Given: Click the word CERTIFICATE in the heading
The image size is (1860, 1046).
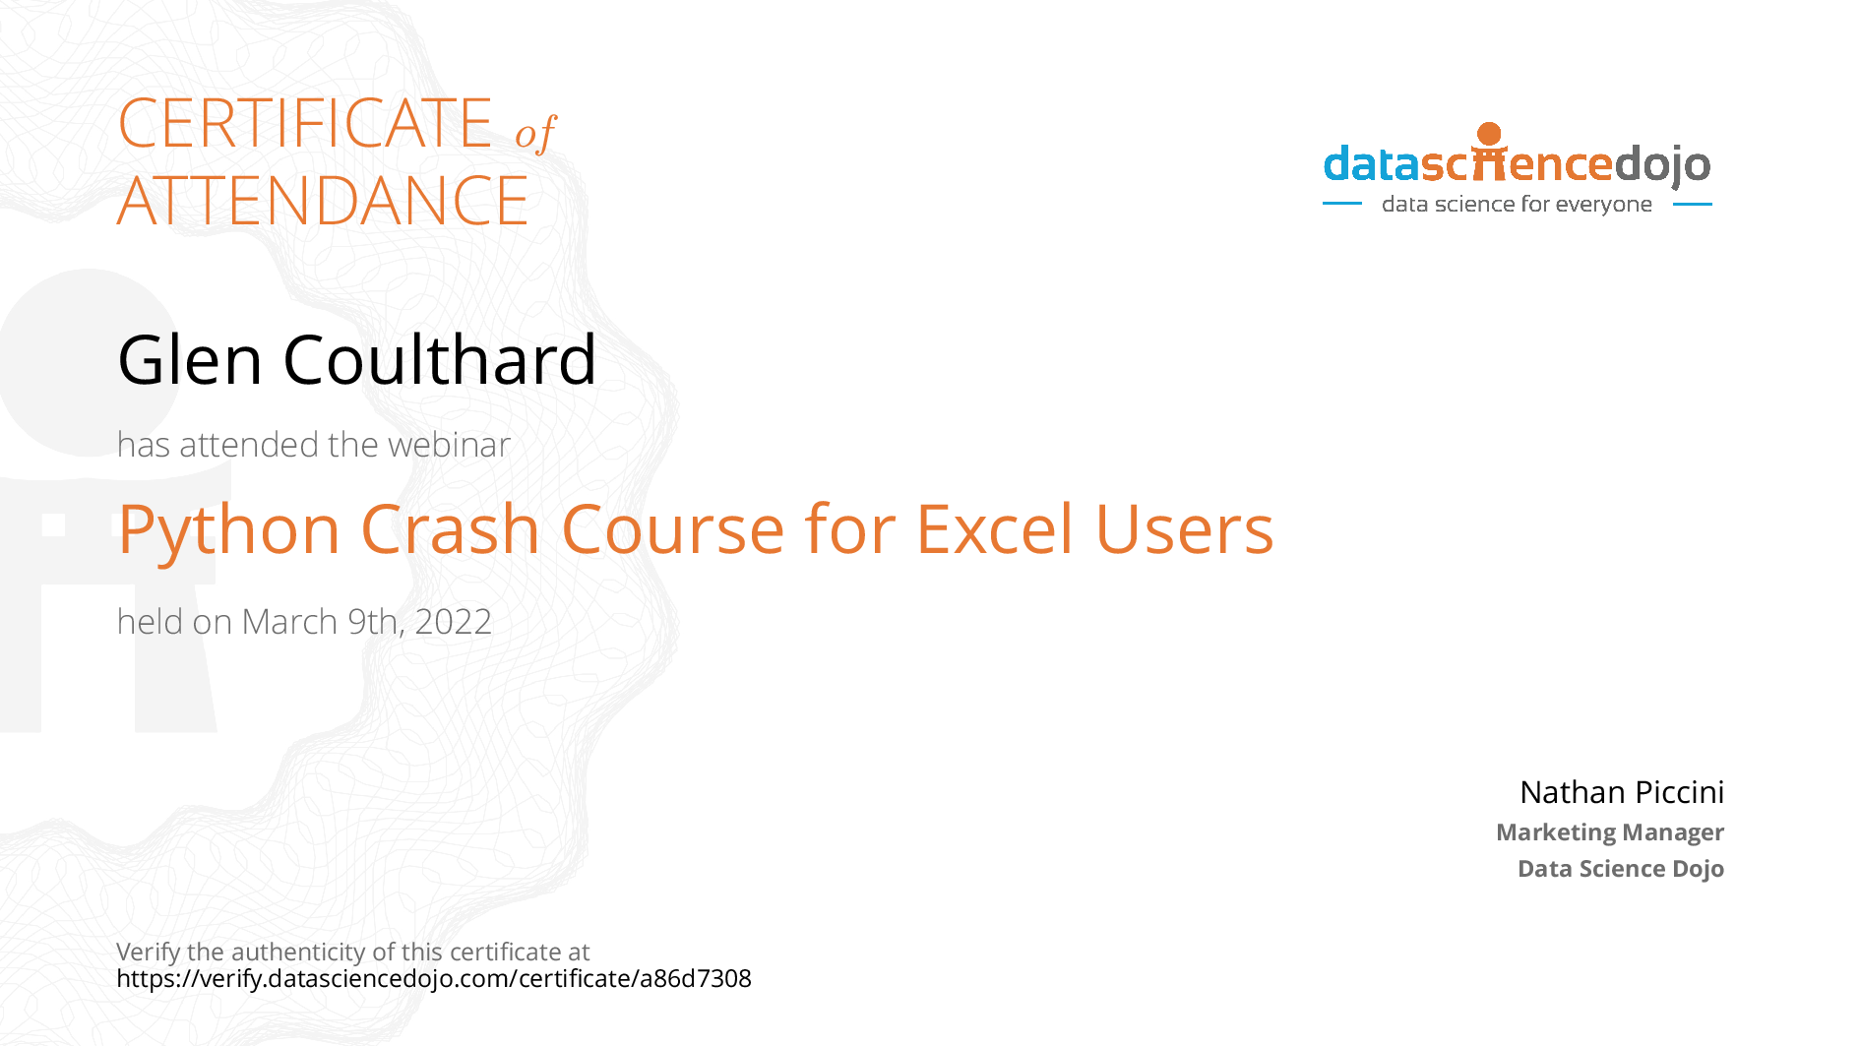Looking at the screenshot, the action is (305, 123).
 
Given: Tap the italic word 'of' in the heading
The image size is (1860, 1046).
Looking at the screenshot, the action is (536, 133).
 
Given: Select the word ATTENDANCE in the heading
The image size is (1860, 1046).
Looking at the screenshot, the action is (323, 201).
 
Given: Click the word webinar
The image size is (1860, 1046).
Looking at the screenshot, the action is (449, 445).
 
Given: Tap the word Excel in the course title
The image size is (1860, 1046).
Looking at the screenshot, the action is (994, 528).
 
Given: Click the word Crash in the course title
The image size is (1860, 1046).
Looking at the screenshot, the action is (451, 528).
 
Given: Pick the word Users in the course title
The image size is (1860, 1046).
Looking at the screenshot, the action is (1184, 529).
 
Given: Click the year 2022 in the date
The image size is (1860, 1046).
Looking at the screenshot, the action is (453, 622).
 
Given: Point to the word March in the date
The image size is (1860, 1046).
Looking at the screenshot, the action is (289, 622).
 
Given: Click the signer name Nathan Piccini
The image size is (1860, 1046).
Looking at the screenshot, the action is (1622, 792).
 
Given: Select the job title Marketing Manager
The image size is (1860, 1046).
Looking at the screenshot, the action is (1610, 832).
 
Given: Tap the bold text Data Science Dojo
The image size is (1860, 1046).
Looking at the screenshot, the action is (1621, 869).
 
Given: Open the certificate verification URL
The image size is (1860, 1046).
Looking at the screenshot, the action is (434, 979).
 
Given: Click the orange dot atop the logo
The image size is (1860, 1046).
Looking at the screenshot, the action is (1490, 134).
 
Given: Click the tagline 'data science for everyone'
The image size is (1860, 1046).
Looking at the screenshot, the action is (1517, 204).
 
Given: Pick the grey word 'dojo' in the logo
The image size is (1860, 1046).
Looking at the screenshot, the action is (1662, 164).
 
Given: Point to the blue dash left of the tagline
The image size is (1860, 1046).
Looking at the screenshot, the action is (1342, 204).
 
